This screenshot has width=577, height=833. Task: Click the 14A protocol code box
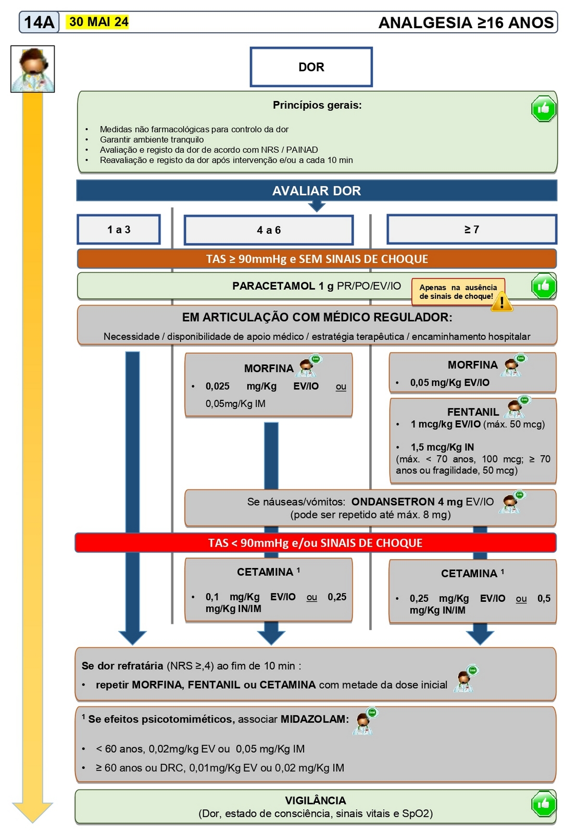39,22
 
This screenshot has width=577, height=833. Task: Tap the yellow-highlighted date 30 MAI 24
98,22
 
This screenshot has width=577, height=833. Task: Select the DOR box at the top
311,67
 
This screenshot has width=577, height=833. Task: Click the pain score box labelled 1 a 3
119,230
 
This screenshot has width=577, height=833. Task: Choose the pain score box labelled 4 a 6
269,230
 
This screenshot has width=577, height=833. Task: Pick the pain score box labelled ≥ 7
471,230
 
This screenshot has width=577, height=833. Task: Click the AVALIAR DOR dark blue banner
317,191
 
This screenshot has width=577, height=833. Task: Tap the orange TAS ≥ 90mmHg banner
317,259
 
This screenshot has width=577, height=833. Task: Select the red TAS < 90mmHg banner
315,543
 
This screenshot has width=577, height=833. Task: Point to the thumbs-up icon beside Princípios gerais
543,109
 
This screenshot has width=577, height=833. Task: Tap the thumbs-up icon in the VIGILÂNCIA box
543,804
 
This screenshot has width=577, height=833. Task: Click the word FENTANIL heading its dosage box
472,412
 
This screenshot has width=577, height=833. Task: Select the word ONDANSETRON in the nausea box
393,502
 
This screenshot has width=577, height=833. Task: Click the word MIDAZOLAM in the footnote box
314,719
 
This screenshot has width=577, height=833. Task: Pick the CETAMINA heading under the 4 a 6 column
265,572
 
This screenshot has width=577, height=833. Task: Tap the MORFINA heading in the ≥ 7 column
472,365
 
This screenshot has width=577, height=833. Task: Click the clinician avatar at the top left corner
33,69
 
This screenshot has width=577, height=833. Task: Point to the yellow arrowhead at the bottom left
32,812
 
